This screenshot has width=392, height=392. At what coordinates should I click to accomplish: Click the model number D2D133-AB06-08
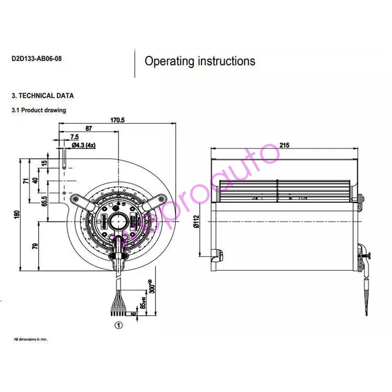(36, 59)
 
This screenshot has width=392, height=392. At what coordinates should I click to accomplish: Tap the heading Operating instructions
(200, 61)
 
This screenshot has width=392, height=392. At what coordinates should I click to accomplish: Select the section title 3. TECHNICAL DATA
(43, 96)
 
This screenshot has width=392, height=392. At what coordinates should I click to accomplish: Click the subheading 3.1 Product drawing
(39, 110)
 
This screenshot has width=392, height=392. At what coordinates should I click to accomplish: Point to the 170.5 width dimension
(116, 120)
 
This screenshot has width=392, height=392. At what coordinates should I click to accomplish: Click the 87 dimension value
(89, 128)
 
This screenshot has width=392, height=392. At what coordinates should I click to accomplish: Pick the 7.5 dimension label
(74, 137)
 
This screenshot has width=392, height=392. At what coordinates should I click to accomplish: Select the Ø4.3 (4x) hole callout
(84, 145)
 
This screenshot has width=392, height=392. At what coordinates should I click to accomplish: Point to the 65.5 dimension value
(44, 201)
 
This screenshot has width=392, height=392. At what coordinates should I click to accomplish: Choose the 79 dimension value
(35, 246)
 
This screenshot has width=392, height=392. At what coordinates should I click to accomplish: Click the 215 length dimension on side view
(284, 145)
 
